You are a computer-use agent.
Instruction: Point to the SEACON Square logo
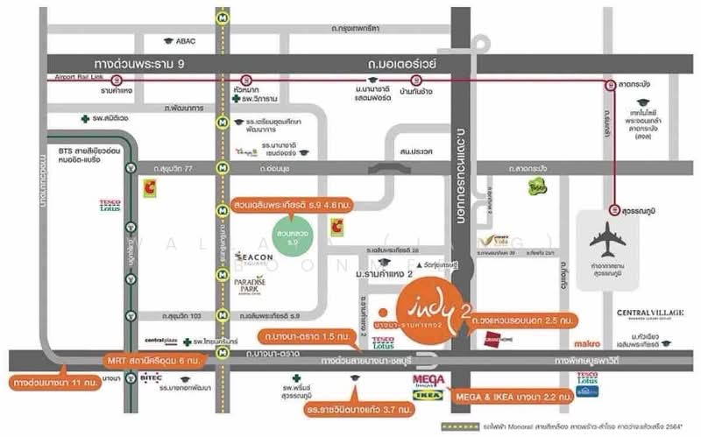(256, 258)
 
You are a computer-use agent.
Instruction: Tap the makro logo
(587, 343)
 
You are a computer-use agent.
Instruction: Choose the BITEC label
(150, 378)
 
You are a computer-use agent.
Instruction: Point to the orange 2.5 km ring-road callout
(525, 320)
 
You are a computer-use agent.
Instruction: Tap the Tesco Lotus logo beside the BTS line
(110, 205)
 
